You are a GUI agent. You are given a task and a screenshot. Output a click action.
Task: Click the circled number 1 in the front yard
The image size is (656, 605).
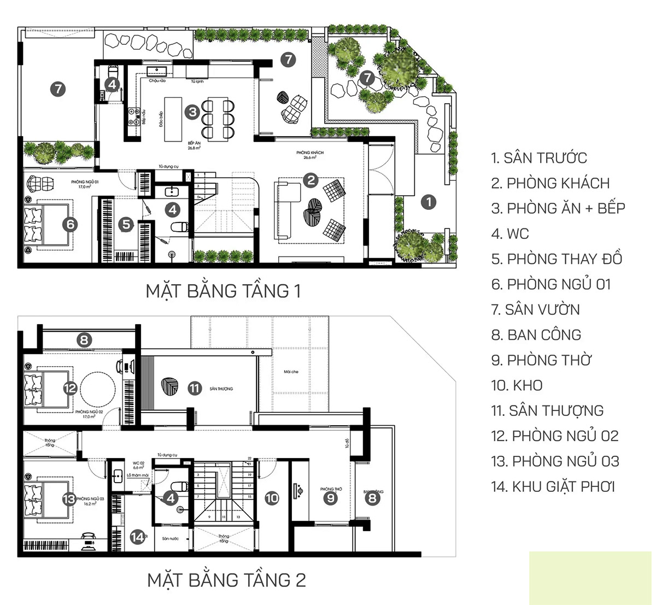pos(429,202)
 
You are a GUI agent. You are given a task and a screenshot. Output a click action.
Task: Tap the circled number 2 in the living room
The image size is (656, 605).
pos(311,180)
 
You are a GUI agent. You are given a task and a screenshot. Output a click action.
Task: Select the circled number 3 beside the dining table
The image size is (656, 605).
pos(192,112)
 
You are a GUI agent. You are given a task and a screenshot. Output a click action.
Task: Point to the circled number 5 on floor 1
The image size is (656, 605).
pos(126,224)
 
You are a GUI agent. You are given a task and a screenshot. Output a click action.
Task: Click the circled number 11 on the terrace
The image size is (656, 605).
pos(195,388)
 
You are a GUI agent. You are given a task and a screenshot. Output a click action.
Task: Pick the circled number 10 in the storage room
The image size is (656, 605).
pos(272,498)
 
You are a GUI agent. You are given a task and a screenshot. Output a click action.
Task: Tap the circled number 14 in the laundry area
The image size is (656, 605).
pos(137,537)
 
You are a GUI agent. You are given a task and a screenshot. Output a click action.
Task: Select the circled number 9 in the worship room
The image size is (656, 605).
pos(330,498)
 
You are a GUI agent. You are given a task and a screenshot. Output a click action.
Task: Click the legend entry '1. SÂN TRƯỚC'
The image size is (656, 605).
pos(538,158)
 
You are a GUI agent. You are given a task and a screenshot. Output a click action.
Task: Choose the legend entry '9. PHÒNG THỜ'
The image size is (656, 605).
pos(541,360)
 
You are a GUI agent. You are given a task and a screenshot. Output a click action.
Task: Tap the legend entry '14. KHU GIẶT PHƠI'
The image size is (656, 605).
pos(553,486)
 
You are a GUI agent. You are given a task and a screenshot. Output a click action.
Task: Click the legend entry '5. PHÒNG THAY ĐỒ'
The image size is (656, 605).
pos(556,259)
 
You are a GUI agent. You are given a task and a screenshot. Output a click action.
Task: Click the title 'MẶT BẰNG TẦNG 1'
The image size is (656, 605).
pos(223,291)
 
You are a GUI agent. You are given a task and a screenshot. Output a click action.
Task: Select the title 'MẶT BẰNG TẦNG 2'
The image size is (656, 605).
pos(226,580)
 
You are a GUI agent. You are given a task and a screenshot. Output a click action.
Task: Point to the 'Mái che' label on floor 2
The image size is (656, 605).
pos(291,372)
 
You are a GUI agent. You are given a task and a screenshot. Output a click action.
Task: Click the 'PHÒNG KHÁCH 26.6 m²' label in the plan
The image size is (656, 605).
pos(310,155)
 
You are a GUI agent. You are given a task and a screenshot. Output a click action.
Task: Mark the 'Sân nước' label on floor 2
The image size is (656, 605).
pos(170,539)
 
